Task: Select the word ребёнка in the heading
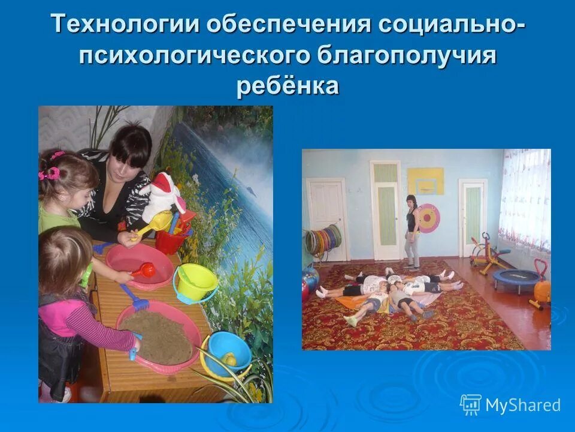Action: [x=287, y=85]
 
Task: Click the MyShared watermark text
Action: [x=522, y=406]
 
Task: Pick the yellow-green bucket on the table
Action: [x=195, y=282]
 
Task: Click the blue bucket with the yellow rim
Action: [x=228, y=354]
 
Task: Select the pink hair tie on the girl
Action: [x=49, y=173]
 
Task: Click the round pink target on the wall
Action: [x=428, y=218]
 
